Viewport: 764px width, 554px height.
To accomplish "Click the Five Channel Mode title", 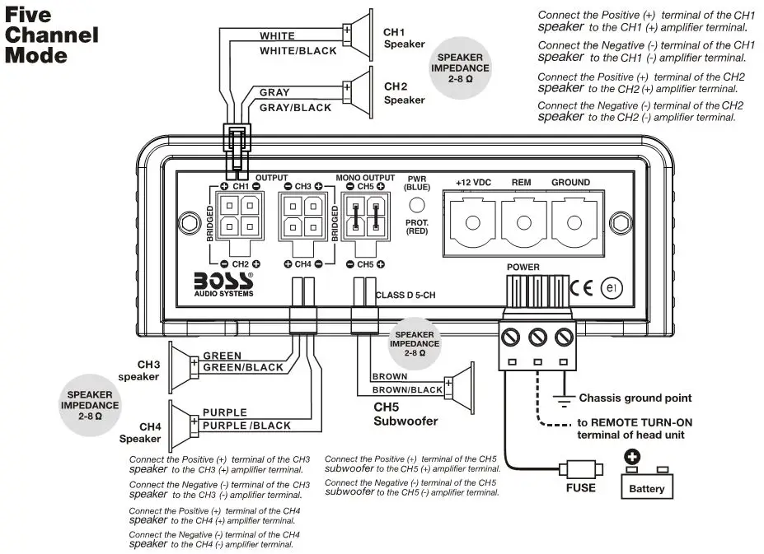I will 52,35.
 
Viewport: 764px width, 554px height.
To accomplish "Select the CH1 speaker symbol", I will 358,34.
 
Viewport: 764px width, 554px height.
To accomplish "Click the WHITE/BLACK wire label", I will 298,51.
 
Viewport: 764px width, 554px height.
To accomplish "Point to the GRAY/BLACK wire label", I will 295,108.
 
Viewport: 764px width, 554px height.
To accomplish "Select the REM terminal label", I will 521,182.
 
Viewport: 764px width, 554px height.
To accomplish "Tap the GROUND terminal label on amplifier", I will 570,182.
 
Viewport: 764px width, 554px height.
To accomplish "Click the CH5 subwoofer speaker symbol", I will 458,383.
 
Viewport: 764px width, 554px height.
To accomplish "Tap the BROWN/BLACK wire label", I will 407,389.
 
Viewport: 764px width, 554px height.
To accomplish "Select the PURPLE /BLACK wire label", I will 246,426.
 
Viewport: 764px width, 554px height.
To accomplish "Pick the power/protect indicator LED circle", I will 418,206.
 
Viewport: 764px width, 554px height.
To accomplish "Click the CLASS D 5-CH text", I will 405,294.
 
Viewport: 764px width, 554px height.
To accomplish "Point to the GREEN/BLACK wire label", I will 242,368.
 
